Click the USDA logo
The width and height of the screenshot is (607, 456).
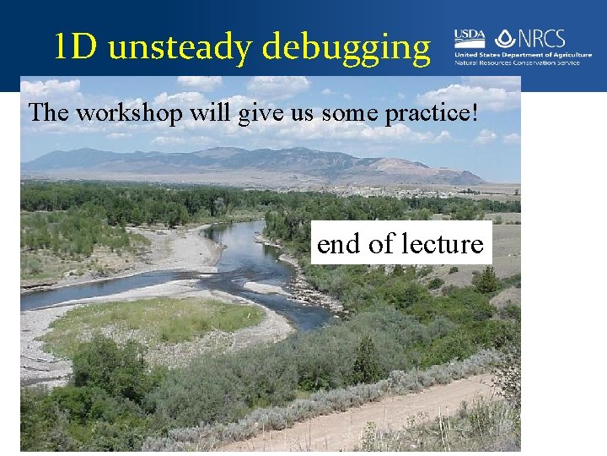470,38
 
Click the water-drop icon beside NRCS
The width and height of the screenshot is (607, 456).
504,38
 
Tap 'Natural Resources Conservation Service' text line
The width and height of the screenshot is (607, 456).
523,62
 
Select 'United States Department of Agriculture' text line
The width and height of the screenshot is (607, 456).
523,55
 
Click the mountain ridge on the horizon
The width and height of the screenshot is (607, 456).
253,159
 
